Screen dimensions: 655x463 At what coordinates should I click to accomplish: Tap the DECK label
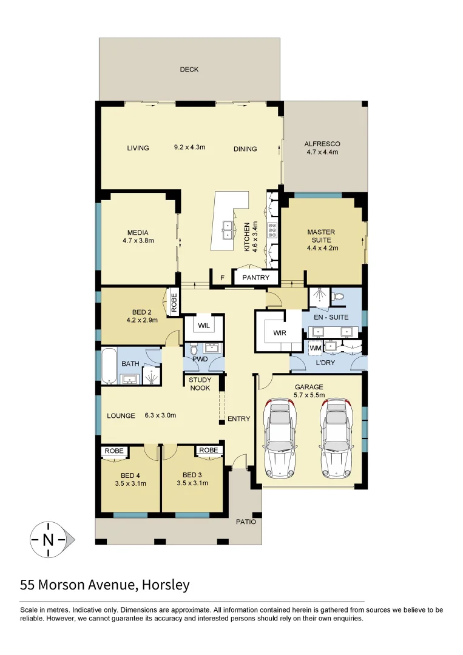point(189,70)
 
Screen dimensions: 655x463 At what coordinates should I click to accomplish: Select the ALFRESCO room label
point(322,144)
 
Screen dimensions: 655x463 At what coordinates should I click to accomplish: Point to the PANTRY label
point(255,278)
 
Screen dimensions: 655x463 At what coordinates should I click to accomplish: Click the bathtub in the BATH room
point(109,366)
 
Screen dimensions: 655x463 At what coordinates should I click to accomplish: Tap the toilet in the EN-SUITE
point(338,297)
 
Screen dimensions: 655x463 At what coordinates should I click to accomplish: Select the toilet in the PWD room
point(194,351)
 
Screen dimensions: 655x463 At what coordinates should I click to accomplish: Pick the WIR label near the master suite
point(280,333)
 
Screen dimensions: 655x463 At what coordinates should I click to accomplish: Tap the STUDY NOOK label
point(200,384)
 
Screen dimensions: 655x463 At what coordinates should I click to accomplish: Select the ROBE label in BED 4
point(114,451)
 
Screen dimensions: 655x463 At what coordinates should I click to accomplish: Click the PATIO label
point(246,522)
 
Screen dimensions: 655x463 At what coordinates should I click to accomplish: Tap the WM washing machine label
point(315,348)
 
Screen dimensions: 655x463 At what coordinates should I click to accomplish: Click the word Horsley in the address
point(164,585)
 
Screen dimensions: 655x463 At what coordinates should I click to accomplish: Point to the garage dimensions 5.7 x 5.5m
point(309,395)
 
